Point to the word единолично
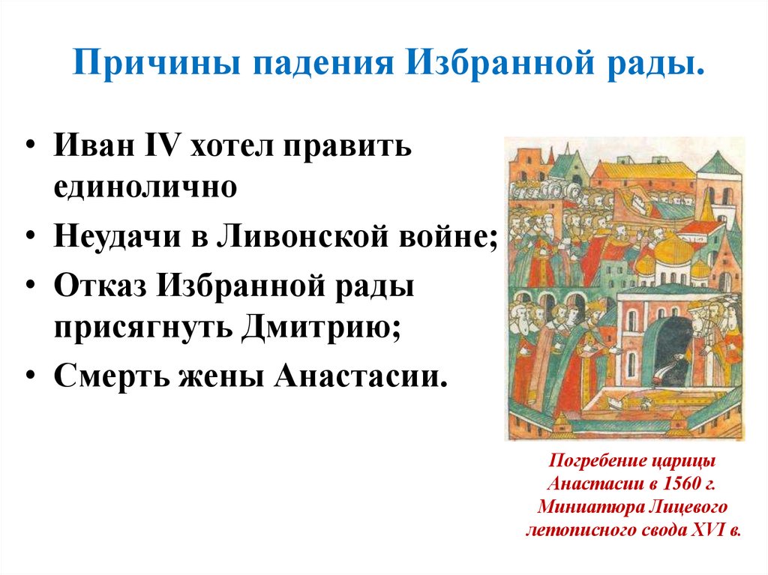145,187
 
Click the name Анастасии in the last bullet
360,377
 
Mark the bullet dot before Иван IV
29,147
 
